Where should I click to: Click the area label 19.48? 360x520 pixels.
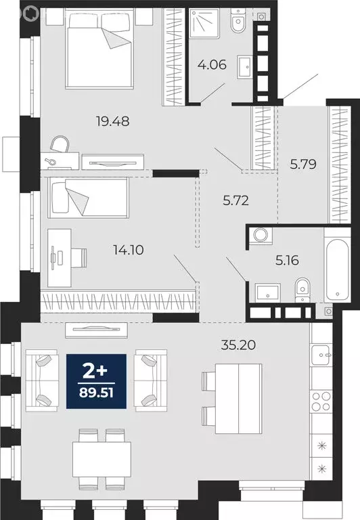tap(112, 122)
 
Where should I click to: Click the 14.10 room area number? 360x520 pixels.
tap(128, 250)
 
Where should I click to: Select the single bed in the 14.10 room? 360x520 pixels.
tap(87, 197)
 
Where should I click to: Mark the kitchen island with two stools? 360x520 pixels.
tap(237, 399)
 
